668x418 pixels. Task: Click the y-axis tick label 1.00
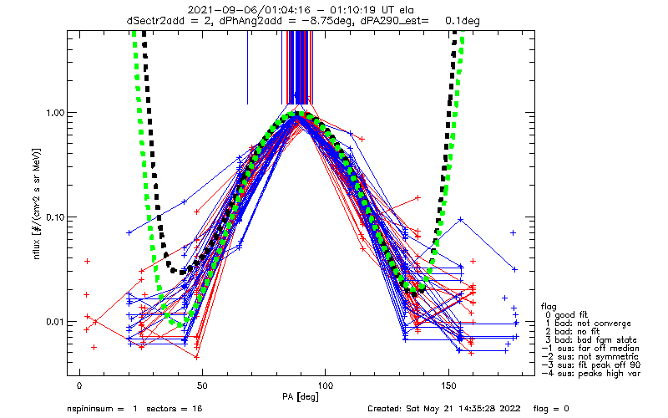click(54, 113)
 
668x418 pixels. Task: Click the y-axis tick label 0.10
click(54, 217)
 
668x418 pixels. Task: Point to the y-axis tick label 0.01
click(54, 322)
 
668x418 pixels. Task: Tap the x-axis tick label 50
click(202, 386)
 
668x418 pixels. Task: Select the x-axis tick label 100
click(326, 386)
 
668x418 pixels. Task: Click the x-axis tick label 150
click(448, 386)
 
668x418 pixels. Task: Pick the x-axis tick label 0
click(79, 386)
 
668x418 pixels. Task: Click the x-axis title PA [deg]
click(301, 397)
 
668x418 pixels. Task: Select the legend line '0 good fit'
click(566, 315)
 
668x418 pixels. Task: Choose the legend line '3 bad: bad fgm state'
click(590, 340)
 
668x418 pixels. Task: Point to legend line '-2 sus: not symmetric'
click(590, 357)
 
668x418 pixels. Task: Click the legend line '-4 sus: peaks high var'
click(591, 374)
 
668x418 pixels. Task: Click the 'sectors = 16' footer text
click(175, 409)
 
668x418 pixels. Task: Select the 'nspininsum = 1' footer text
click(102, 409)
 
